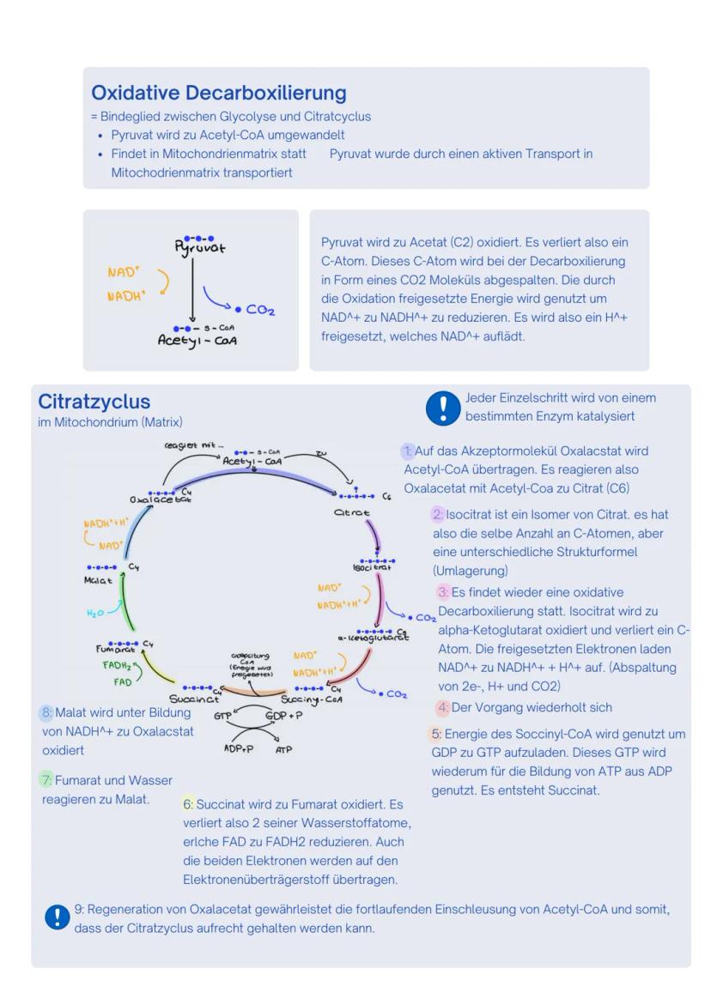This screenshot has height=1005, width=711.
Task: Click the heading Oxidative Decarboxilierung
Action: [218, 92]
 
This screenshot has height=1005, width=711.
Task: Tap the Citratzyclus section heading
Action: [94, 402]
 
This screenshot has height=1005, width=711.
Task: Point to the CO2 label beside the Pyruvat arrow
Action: [255, 309]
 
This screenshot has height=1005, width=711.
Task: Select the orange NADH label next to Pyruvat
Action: [124, 296]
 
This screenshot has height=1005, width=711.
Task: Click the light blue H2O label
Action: [96, 613]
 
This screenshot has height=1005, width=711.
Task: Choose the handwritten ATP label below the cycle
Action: [284, 748]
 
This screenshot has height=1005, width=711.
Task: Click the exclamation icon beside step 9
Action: [58, 916]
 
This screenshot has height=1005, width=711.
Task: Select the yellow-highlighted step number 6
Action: [187, 805]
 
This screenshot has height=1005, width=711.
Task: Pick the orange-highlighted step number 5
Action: [436, 734]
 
